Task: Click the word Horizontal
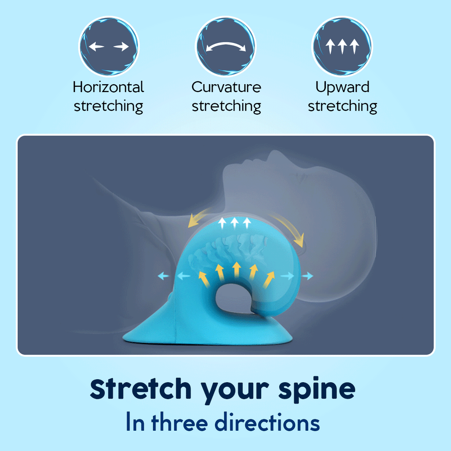(108, 87)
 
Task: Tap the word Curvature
(226, 87)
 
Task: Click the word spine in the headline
(317, 389)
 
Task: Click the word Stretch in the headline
(140, 388)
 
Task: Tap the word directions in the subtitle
(267, 422)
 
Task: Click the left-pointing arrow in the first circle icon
(96, 46)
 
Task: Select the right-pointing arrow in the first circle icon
(121, 46)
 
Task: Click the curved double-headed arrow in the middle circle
(226, 44)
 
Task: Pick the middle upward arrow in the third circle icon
(342, 46)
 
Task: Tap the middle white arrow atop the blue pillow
(234, 223)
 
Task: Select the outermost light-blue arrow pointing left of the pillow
(163, 276)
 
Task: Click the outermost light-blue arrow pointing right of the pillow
(307, 276)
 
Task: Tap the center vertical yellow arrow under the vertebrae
(237, 270)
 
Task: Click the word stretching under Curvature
(226, 106)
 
